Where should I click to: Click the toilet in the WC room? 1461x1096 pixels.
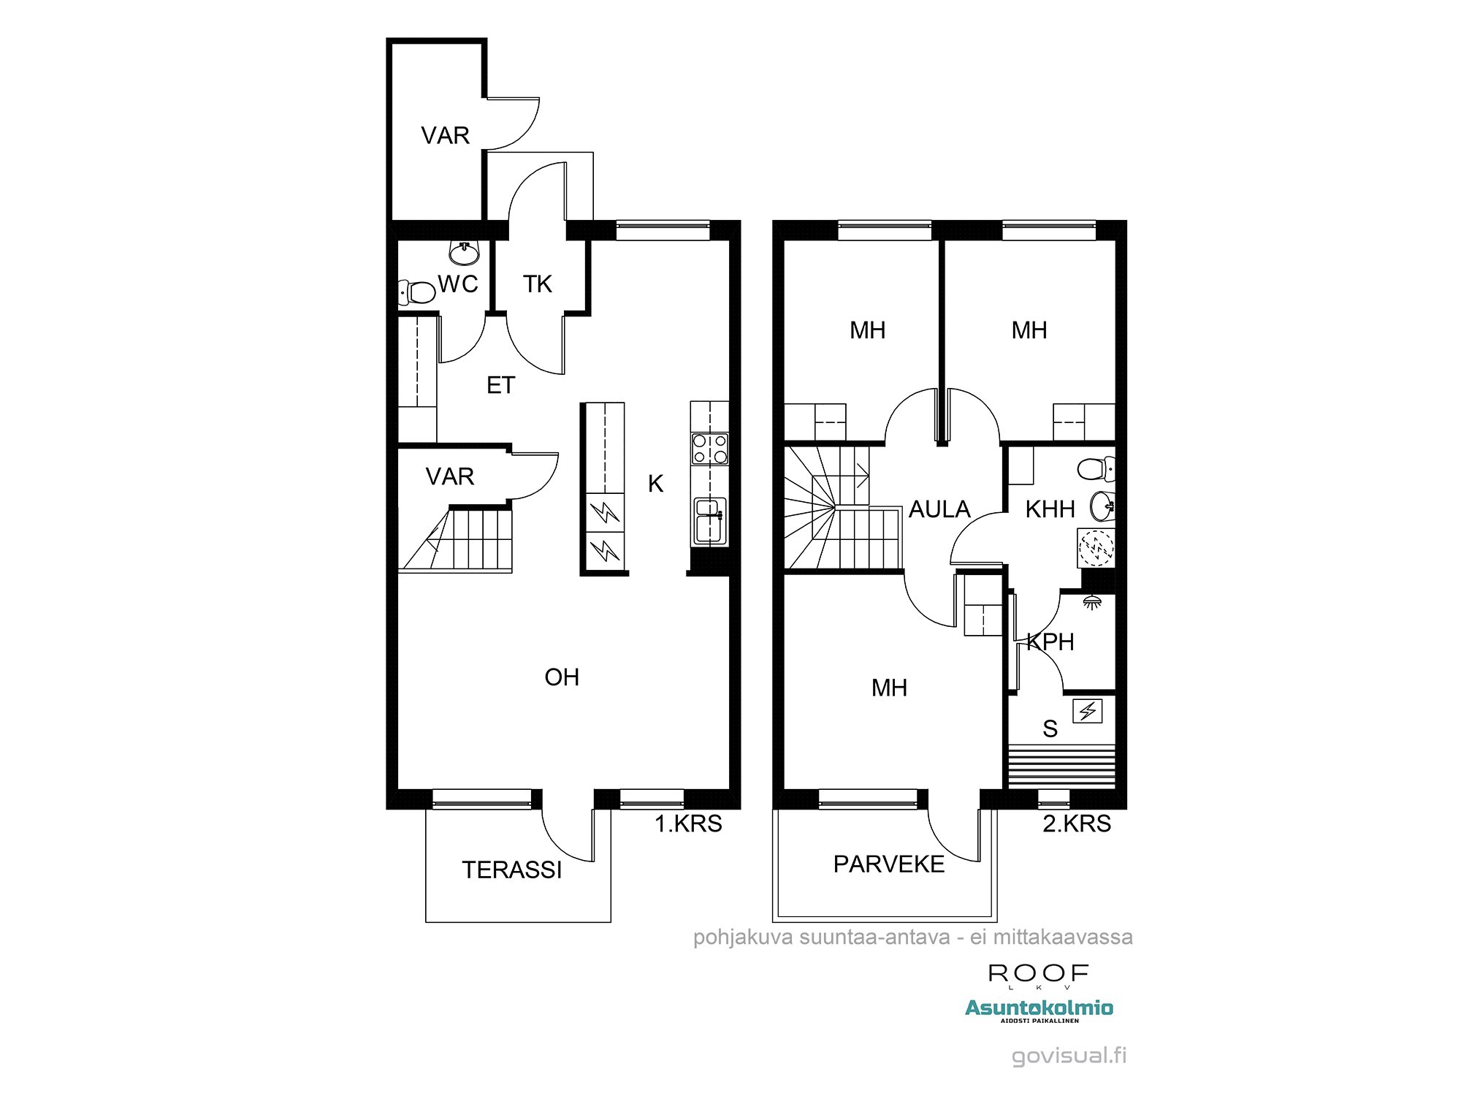tap(418, 292)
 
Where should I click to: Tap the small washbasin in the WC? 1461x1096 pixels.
tap(464, 253)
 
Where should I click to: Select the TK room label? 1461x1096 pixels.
tap(538, 284)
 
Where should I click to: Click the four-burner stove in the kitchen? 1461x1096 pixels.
tap(710, 448)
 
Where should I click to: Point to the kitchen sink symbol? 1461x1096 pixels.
tap(709, 520)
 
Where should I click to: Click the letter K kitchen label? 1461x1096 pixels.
tap(655, 484)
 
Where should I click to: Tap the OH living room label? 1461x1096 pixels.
tap(562, 677)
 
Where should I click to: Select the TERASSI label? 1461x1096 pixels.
tap(512, 869)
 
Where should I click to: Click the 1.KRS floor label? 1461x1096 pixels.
tap(687, 823)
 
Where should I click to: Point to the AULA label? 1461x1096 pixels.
tap(939, 509)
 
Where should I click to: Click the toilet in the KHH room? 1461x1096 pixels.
tap(1096, 468)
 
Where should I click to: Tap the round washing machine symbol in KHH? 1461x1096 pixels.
tap(1096, 547)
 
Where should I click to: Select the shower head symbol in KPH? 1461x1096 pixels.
tap(1092, 602)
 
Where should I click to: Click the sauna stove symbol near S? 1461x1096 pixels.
tap(1087, 711)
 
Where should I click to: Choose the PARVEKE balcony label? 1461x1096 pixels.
tap(889, 864)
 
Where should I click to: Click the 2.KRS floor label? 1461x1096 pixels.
tap(1076, 823)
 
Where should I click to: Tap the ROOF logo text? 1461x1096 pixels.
tap(1038, 973)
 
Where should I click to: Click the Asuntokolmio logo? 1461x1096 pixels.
tap(1039, 1008)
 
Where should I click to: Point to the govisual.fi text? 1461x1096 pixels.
tap(1069, 1055)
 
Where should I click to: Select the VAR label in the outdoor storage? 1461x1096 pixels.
tap(445, 135)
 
